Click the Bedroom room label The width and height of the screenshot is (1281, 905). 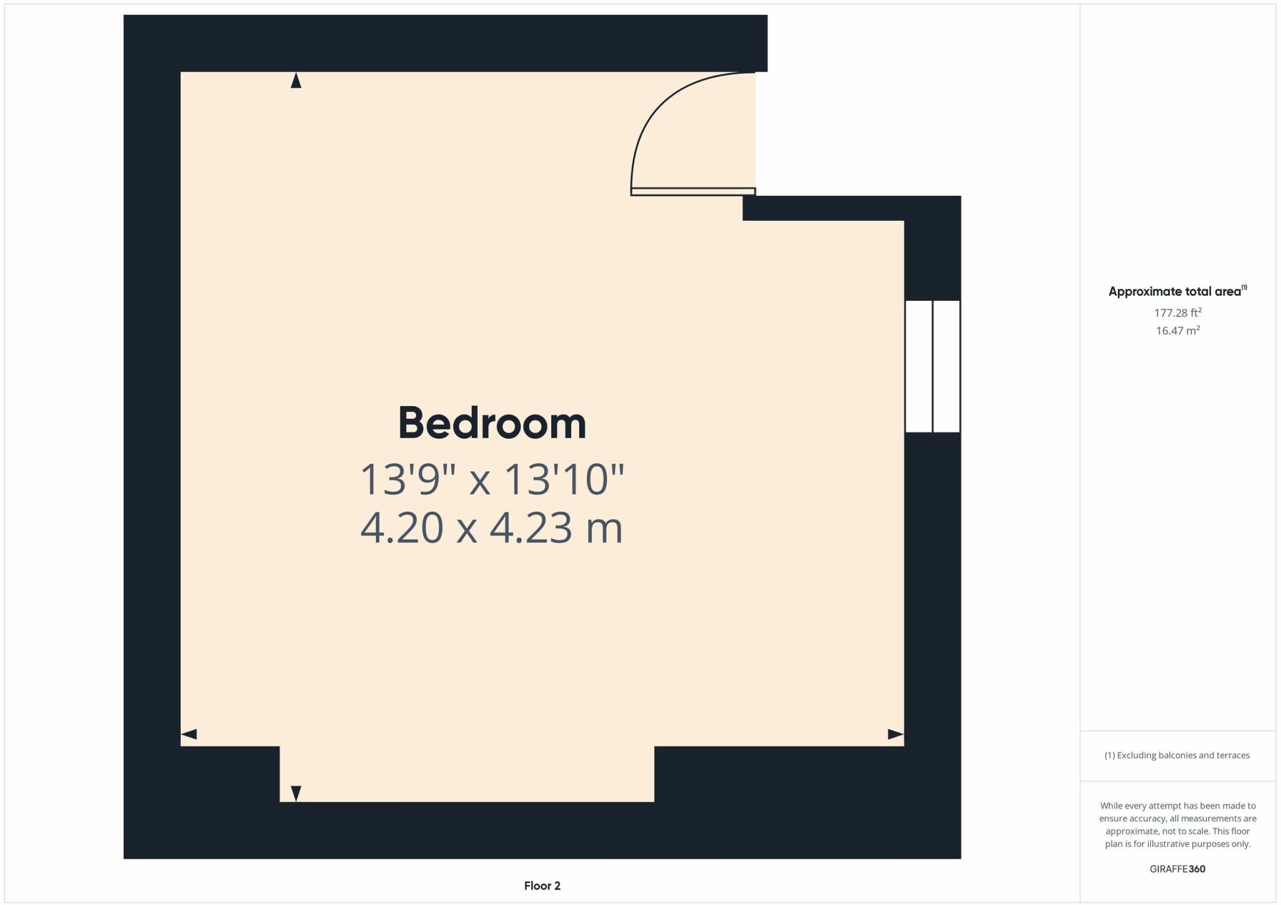[x=492, y=423]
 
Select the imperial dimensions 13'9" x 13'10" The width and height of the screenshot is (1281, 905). [x=492, y=480]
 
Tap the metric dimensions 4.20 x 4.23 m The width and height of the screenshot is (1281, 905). [x=492, y=528]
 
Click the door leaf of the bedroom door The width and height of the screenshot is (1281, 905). [x=693, y=191]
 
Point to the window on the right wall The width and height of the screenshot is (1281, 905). [x=933, y=367]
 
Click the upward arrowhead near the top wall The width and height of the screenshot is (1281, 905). [x=296, y=81]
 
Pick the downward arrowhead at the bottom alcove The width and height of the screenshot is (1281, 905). [x=296, y=793]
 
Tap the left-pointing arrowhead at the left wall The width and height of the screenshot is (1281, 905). [x=189, y=734]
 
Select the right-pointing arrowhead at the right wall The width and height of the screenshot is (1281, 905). [x=896, y=734]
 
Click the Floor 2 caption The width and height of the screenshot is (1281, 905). [x=542, y=886]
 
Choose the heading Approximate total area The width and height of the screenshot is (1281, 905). [x=1174, y=291]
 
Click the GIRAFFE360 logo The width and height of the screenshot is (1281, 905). [x=1177, y=869]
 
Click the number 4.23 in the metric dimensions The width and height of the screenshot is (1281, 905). [x=530, y=528]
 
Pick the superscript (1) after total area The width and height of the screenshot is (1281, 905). [x=1244, y=288]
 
